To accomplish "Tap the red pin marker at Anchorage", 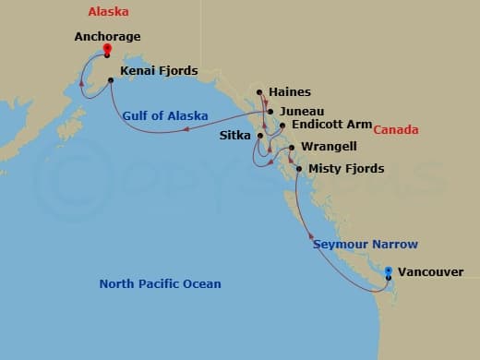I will coord(108,50).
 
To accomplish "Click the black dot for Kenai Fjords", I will coord(111,80).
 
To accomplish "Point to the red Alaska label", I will coord(108,12).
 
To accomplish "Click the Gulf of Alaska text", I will coord(164,115).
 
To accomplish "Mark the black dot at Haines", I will coord(260,92).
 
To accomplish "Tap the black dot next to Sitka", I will coord(260,136).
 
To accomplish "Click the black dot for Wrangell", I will coord(292,148).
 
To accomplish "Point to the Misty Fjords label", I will coord(347,169).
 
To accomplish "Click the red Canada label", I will coord(396,130).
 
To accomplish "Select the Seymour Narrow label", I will coord(366,245).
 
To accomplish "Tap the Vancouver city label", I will coord(433,272).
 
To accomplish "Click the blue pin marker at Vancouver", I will coord(389,272).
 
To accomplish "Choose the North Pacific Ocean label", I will coord(160,283).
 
